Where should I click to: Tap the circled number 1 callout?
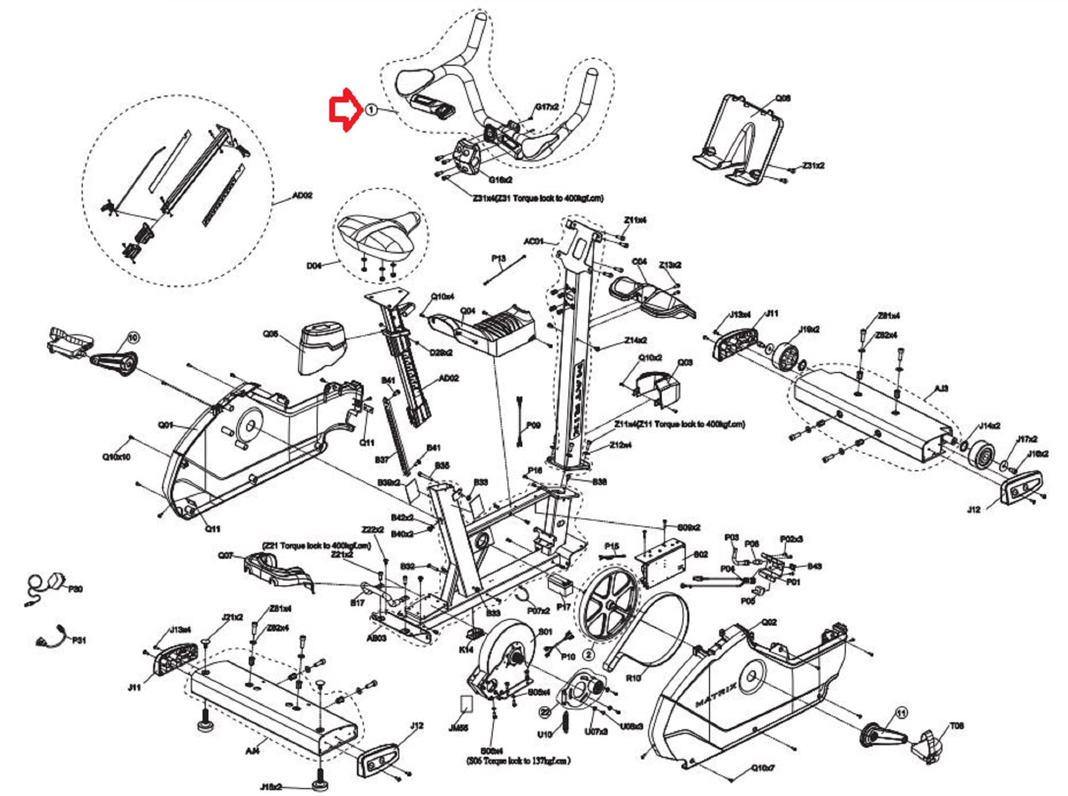pos(371,110)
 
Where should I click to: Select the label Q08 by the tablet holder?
pos(783,98)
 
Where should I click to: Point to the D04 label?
pos(314,265)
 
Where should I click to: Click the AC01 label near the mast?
pos(533,241)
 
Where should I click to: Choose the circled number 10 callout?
pos(133,337)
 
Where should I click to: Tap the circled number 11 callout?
pos(901,713)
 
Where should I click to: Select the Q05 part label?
pos(270,334)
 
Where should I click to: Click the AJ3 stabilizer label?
pos(941,388)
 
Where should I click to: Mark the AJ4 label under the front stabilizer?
pos(252,750)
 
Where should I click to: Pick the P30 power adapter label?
pos(75,589)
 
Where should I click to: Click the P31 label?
pos(78,640)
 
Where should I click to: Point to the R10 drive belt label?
pos(633,678)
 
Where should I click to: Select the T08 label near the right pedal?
pos(957,725)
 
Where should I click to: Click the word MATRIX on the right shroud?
pos(716,695)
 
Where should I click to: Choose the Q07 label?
pos(225,555)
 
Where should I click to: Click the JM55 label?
pos(458,727)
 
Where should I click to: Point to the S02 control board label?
pos(701,554)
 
